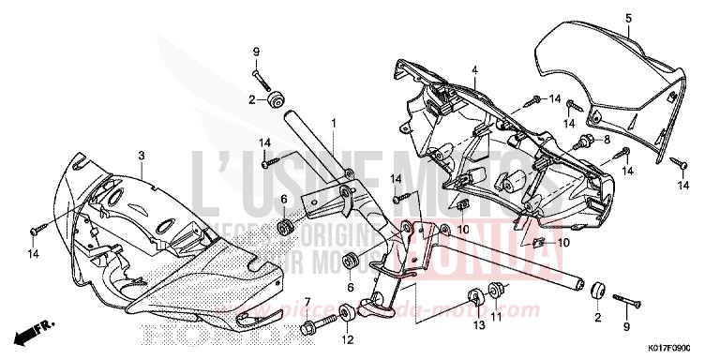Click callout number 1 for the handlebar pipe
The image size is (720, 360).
[331, 124]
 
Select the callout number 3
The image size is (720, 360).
[141, 155]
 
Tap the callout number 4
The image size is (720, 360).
[474, 70]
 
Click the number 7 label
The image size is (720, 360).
[307, 301]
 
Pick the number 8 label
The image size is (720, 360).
[607, 140]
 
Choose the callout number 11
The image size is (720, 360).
[497, 318]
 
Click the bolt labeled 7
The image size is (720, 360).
[313, 327]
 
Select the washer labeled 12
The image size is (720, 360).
[348, 312]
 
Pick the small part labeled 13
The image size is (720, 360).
[476, 297]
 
